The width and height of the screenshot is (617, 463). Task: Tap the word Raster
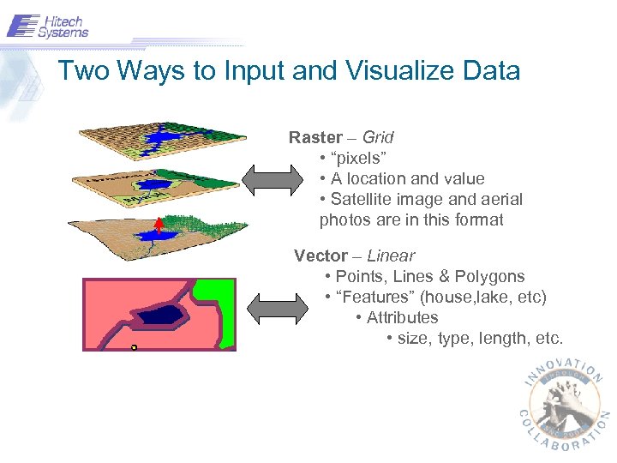315,137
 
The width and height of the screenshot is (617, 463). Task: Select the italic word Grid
378,137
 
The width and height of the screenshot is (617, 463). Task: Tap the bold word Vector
320,256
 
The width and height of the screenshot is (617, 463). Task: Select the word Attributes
403,317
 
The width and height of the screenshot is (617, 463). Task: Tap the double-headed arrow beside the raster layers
267,179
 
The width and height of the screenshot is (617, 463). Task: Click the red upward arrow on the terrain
159,225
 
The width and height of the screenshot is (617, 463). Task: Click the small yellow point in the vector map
134,347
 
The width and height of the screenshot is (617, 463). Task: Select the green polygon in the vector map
219,309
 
